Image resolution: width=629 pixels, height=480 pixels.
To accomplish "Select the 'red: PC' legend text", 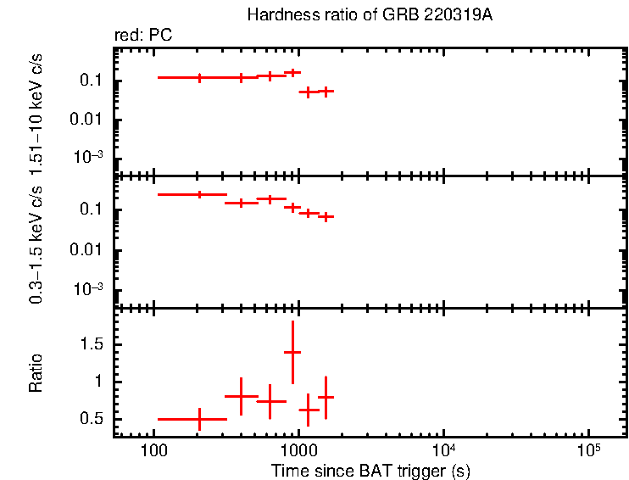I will tap(144, 36).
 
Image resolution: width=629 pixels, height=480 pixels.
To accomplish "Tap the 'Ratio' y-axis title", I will tap(36, 373).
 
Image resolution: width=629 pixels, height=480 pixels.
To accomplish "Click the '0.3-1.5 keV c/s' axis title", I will tap(36, 243).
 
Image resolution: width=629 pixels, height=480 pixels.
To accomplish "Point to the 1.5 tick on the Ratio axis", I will tap(93, 344).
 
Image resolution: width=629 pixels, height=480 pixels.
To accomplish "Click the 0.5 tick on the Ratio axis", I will tap(93, 419).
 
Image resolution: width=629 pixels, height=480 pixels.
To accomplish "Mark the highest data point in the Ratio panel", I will tap(292, 351).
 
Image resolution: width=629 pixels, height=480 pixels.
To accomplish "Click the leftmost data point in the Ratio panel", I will tap(199, 419).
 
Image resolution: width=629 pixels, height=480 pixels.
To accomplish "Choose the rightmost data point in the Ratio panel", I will tap(325, 397).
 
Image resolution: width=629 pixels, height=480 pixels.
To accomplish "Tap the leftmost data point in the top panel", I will tap(200, 77).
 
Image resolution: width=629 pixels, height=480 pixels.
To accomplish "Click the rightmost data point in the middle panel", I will tap(325, 217).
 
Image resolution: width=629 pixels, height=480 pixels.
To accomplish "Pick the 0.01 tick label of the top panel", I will tap(90, 119).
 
